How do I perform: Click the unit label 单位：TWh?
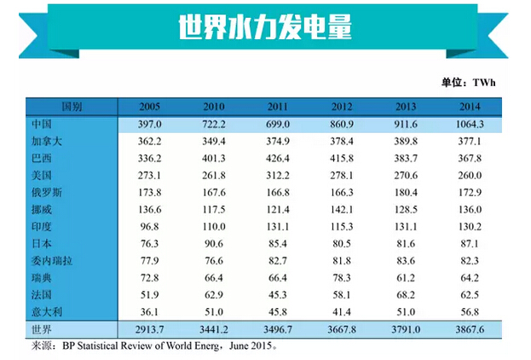click(468, 83)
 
